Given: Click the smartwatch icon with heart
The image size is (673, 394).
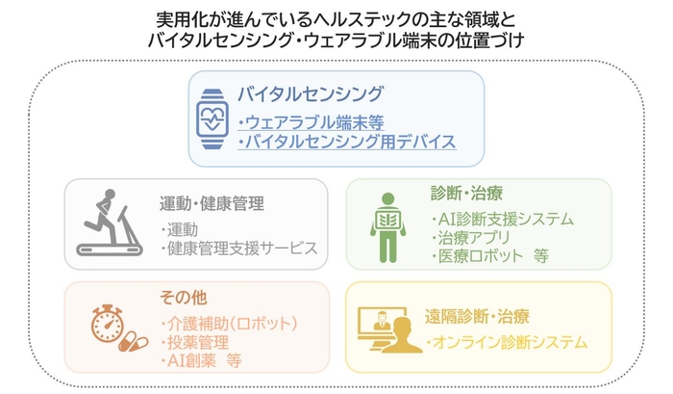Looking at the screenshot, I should (x=213, y=119).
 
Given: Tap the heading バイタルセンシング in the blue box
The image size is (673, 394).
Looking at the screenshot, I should (x=311, y=94).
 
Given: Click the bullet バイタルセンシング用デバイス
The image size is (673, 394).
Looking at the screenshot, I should (x=345, y=143).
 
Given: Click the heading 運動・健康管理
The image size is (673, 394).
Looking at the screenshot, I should (x=212, y=204).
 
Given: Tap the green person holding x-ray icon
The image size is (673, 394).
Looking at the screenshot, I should (x=386, y=227).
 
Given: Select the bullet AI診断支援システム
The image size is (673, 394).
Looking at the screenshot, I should (x=501, y=219).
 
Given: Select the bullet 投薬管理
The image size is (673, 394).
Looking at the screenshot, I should (x=196, y=341).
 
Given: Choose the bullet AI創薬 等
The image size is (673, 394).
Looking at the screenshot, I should (x=201, y=361).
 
